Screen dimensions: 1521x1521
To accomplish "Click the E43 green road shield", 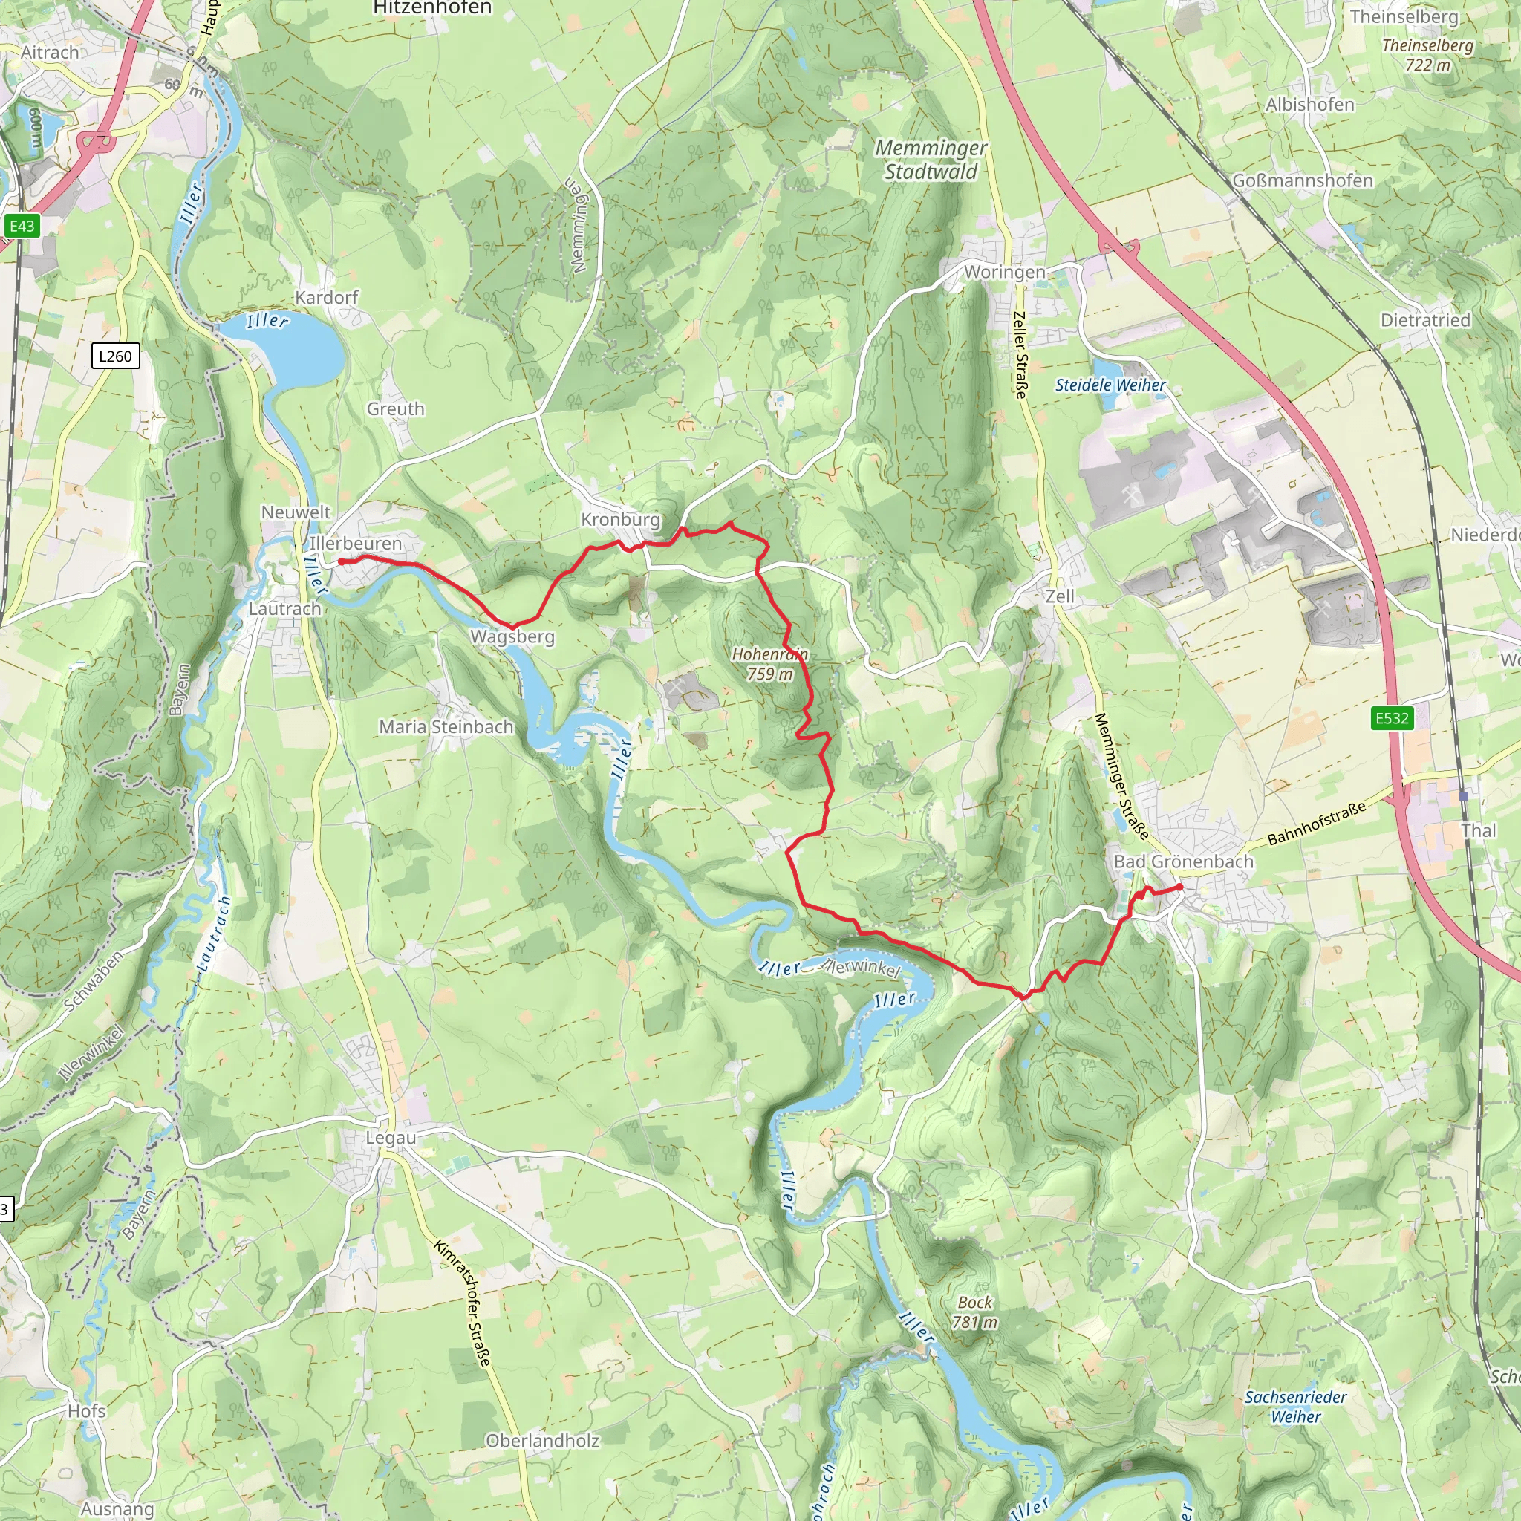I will point(22,226).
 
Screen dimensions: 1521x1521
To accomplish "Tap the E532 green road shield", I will point(1391,718).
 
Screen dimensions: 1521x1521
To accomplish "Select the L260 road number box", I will point(115,356).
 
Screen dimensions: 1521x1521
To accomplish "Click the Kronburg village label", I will point(620,520).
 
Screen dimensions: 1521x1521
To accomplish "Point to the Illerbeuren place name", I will point(355,543).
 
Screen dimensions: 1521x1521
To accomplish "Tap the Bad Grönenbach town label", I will point(1183,862).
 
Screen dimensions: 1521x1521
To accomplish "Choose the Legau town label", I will point(391,1138).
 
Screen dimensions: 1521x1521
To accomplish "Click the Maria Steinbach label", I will point(446,726).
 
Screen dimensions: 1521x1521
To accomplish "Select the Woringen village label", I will point(1005,272).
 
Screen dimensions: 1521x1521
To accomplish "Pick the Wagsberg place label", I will point(512,636).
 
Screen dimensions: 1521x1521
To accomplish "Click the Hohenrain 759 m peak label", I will point(769,664).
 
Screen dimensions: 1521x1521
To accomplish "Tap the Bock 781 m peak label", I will point(974,1312).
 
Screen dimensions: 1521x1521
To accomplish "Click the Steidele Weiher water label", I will point(1110,385).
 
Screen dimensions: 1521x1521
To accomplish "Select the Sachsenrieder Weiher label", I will point(1295,1407).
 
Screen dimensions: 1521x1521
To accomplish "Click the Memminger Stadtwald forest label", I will point(931,160).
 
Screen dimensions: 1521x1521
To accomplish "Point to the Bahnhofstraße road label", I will point(1316,824).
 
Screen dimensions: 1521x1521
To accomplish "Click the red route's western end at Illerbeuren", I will point(342,561).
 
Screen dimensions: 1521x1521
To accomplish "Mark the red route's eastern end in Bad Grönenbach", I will point(1179,888).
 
